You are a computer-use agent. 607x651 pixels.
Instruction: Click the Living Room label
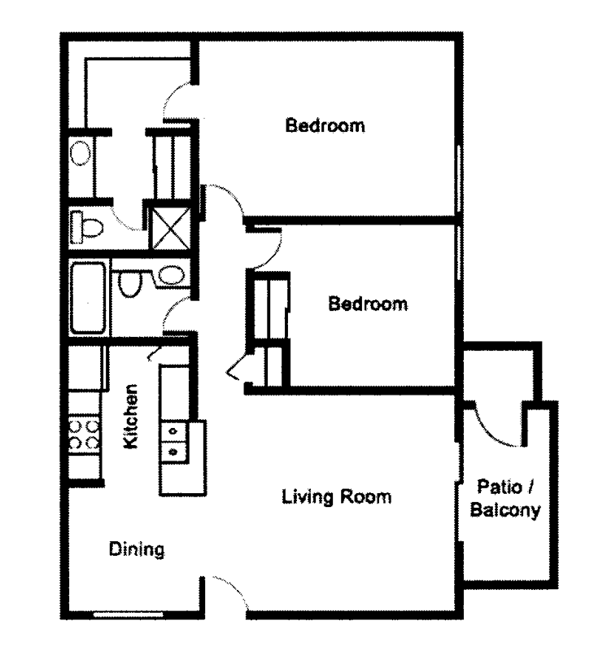[336, 496]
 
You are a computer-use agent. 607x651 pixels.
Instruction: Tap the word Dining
[137, 549]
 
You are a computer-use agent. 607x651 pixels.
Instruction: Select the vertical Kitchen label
[132, 417]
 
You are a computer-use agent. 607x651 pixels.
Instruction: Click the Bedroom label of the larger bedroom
[324, 126]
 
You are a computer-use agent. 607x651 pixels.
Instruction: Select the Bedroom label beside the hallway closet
[367, 304]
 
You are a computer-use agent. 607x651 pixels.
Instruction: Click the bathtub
[88, 297]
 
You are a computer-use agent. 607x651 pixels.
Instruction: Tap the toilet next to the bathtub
[129, 282]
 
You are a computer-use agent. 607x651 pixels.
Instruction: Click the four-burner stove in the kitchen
[84, 434]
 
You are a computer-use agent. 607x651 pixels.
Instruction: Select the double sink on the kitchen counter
[173, 439]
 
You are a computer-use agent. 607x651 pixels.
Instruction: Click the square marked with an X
[170, 227]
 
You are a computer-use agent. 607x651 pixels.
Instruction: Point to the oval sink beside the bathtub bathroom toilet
[171, 275]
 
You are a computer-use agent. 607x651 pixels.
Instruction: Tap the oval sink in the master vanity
[80, 153]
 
